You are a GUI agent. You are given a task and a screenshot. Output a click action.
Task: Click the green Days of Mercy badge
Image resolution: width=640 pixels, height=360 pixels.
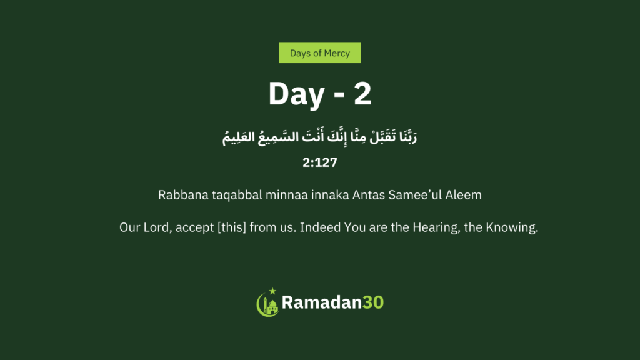[319, 53]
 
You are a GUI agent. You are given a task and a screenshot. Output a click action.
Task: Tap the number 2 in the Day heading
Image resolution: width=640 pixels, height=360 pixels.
[362, 94]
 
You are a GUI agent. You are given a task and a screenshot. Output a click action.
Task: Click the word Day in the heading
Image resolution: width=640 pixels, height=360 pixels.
[296, 95]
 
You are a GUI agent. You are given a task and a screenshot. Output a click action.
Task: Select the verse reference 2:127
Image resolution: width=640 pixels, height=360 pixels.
[319, 162]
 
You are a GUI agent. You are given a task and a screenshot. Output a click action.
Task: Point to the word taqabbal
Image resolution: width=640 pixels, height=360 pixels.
[237, 196]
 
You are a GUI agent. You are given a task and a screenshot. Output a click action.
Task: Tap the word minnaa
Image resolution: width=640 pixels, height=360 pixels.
[286, 195]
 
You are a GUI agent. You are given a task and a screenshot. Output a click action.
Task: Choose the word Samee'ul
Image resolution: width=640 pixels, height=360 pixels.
[415, 195]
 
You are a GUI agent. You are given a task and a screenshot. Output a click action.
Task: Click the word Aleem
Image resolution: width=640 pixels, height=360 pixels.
[463, 195]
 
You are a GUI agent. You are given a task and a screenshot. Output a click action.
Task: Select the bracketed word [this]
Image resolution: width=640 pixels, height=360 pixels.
[232, 227]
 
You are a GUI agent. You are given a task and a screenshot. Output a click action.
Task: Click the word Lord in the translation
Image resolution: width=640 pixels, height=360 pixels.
[157, 227]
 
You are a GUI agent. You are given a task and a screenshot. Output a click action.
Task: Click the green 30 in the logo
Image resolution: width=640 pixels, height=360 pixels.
[373, 302]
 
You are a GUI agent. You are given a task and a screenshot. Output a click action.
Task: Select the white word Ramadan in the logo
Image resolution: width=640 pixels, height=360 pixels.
[322, 302]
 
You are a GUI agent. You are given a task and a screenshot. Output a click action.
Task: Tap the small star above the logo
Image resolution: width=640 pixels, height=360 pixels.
[272, 291]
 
